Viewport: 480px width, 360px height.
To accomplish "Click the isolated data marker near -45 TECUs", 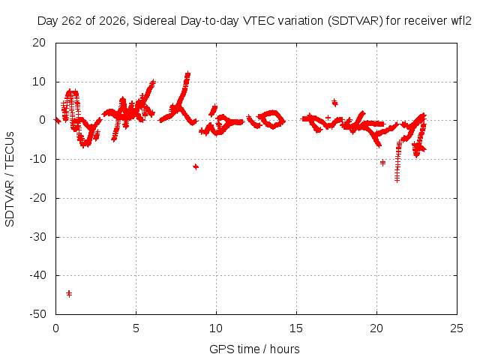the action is [69, 293].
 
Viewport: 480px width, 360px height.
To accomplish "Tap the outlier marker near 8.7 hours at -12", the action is [196, 166].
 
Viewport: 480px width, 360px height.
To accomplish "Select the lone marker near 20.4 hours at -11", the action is [382, 163].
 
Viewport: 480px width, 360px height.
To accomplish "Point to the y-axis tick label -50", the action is [37, 314].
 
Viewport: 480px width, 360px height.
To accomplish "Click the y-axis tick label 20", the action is [39, 43].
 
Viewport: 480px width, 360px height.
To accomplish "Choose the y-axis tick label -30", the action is [37, 237].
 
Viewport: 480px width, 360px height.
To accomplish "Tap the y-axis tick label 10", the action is [39, 82].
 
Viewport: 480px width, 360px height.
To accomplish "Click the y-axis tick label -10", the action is [37, 159].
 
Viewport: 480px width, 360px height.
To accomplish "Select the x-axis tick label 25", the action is [457, 328].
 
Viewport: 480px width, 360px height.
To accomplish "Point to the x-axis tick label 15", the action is [296, 328].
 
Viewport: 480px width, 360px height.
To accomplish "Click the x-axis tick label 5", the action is [136, 328].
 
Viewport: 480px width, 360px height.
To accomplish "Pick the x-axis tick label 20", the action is [376, 328].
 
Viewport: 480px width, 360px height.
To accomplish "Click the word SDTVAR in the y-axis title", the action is [10, 203].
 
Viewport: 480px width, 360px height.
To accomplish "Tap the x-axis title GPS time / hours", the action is [254, 349].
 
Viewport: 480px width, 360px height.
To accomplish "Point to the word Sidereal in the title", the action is [155, 21].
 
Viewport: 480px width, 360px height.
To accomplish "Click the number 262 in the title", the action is [72, 21].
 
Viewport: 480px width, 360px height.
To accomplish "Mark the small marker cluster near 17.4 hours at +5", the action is [335, 103].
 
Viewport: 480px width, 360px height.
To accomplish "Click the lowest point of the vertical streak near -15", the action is [397, 181].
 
